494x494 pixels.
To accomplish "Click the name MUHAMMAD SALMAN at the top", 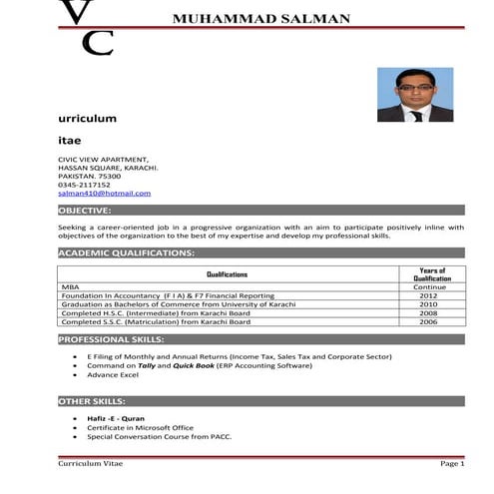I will (x=261, y=18).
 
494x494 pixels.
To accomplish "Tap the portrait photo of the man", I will (x=414, y=95).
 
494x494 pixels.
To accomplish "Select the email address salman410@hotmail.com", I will (x=105, y=193).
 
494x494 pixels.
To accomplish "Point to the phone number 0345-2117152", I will (x=85, y=184).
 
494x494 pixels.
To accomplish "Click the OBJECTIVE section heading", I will (x=85, y=211).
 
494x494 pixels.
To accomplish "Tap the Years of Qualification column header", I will (x=432, y=274).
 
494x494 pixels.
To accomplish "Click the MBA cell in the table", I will (x=70, y=286).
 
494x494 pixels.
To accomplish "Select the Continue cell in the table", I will (x=429, y=286).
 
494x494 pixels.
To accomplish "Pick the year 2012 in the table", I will (x=428, y=295).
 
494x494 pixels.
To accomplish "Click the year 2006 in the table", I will (x=428, y=322).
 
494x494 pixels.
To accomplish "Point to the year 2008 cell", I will (x=428, y=313).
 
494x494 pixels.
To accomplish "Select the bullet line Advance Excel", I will (x=112, y=375).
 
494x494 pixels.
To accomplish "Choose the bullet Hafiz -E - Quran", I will (x=117, y=418).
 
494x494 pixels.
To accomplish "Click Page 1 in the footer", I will (x=451, y=464).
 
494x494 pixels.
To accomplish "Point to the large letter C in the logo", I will (x=97, y=43).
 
